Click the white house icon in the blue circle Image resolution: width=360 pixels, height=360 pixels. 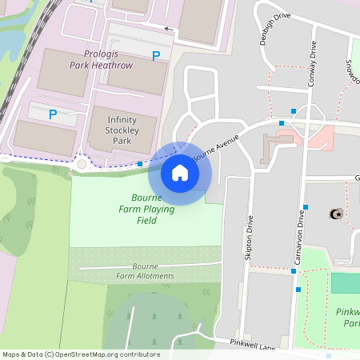tap(180, 172)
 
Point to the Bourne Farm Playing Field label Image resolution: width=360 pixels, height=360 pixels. tap(146, 208)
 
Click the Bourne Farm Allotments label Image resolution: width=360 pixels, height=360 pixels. tap(145, 270)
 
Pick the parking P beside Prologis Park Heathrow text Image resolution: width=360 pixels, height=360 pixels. tap(156, 55)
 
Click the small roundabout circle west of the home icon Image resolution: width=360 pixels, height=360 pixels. tap(82, 165)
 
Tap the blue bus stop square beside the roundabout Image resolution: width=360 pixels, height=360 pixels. tap(140, 163)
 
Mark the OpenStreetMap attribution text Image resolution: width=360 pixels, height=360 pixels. tap(81, 354)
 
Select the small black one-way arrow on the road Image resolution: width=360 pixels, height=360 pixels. tap(168, 29)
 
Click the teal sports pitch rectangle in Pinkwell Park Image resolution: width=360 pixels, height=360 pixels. tap(345, 283)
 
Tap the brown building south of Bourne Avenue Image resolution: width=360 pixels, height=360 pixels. tap(275, 146)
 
